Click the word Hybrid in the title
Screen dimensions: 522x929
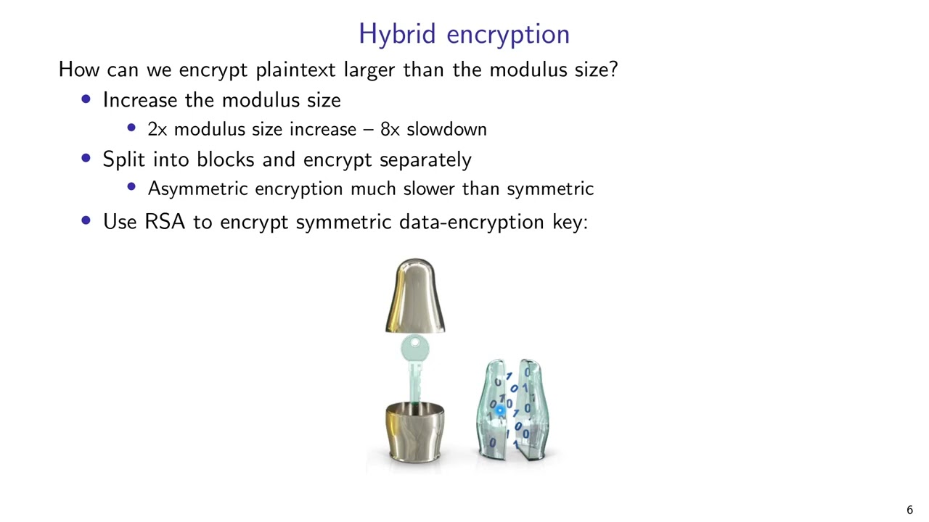tap(398, 34)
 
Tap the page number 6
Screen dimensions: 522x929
tap(909, 510)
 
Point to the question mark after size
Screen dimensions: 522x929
tap(613, 70)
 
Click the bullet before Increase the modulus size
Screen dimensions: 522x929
tap(87, 99)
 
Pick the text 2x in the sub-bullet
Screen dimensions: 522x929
tap(157, 129)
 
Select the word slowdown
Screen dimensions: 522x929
tap(446, 129)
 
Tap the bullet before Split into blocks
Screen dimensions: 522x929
tap(87, 159)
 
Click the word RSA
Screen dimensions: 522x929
tap(165, 221)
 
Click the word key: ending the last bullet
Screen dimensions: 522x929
tap(570, 221)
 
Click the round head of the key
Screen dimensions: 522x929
tap(414, 348)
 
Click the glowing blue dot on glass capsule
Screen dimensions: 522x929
tap(500, 411)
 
